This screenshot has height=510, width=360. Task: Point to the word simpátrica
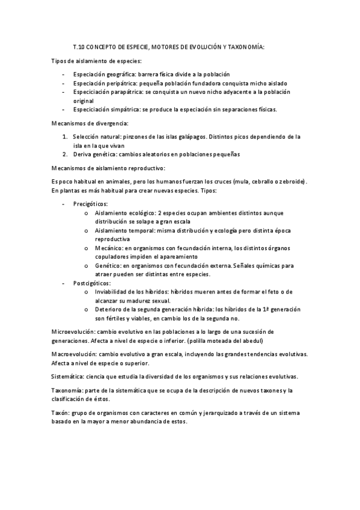(x=123, y=109)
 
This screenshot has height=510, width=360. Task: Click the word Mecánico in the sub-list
(x=108, y=248)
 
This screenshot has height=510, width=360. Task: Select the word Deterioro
(x=108, y=309)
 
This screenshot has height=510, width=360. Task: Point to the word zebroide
(x=291, y=182)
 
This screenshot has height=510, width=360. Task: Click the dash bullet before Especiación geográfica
(x=63, y=75)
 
